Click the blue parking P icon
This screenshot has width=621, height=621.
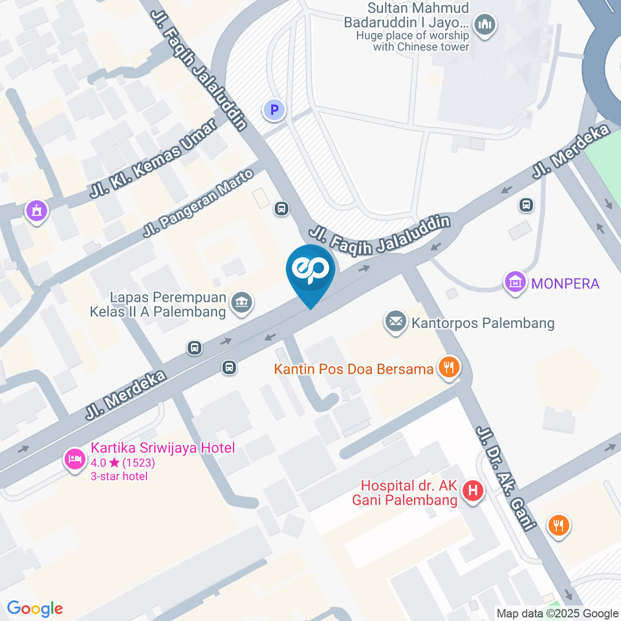[274, 111]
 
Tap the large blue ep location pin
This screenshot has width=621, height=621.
[311, 272]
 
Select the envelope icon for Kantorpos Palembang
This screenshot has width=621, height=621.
[395, 321]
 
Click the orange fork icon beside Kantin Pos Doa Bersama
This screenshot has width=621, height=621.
[447, 368]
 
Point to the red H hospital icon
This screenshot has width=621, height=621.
[474, 492]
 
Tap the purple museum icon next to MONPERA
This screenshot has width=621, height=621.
[516, 282]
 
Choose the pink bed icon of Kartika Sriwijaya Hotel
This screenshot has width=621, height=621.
[74, 460]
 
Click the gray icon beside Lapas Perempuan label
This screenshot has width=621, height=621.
[242, 302]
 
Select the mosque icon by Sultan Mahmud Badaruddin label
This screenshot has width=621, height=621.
[485, 26]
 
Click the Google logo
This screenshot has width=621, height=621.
[35, 608]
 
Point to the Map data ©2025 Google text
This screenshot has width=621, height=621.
[558, 613]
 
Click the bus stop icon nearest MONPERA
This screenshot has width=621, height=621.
[527, 205]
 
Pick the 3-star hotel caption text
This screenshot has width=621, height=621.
[119, 477]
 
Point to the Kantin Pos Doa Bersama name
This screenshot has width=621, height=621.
[353, 369]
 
